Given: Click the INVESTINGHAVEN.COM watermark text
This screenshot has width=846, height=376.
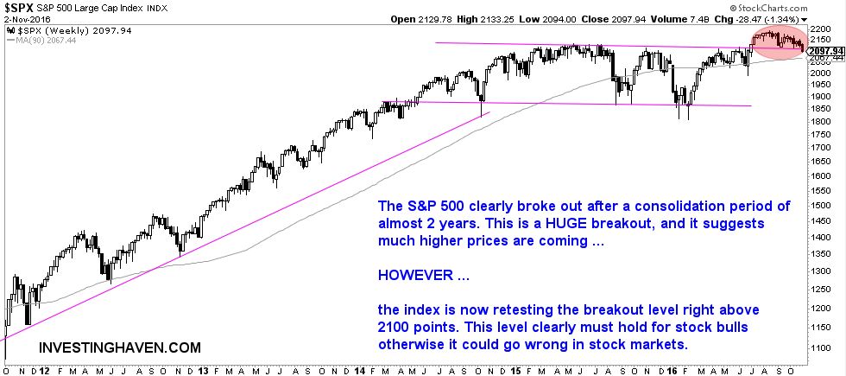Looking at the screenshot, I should pos(120,347).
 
